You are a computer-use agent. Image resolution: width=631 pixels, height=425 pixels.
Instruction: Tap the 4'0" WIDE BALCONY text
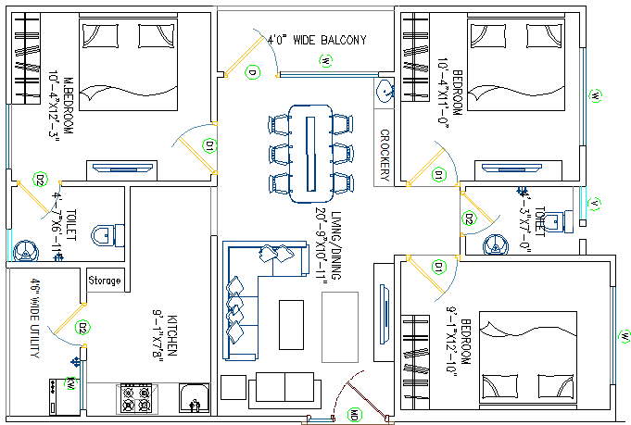(317, 41)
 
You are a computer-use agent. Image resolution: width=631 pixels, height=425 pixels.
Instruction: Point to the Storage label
(104, 281)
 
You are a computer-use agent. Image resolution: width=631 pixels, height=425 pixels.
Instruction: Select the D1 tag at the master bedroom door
(210, 145)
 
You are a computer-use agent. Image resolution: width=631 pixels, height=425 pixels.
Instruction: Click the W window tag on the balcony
(326, 61)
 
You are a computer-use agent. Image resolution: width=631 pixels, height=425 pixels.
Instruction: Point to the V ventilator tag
(595, 204)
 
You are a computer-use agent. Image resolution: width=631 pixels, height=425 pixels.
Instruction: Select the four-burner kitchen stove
(137, 399)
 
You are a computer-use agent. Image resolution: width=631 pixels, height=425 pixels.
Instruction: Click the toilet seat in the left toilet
(108, 234)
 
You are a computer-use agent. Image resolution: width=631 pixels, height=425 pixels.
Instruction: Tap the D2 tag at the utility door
(82, 327)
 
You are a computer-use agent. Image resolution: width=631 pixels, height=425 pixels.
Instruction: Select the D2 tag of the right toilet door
(469, 219)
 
